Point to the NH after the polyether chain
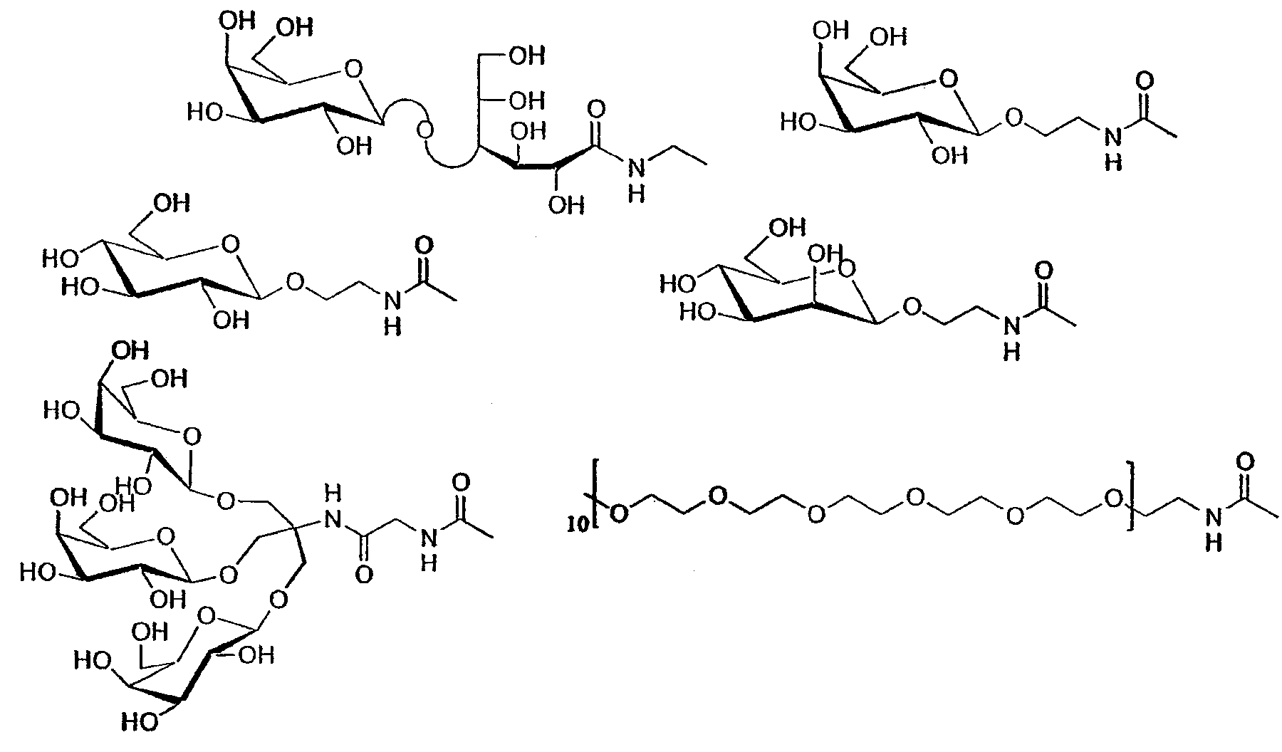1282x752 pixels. click(x=1211, y=529)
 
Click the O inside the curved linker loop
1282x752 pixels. click(x=425, y=130)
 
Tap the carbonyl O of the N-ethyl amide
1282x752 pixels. click(x=597, y=110)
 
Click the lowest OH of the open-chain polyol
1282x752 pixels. click(x=566, y=205)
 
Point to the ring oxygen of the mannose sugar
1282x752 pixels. click(x=847, y=268)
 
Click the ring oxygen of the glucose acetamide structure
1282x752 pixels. click(x=229, y=246)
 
